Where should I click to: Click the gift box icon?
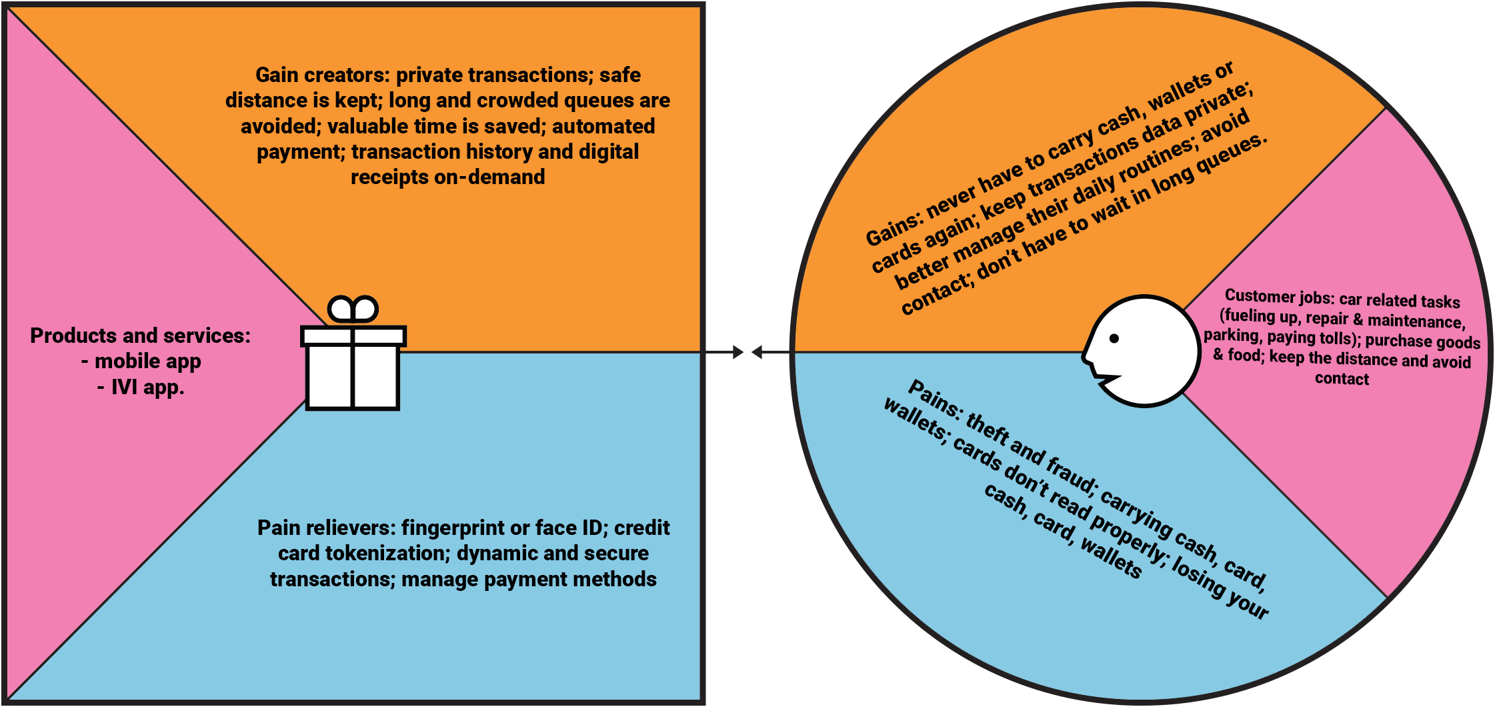(353, 366)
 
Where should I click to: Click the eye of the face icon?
(1114, 338)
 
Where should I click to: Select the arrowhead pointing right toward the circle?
(737, 352)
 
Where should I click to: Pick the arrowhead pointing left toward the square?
(758, 352)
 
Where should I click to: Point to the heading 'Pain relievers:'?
(326, 528)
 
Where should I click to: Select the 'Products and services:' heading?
(140, 335)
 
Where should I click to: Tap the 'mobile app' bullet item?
(147, 362)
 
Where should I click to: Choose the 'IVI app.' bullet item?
(147, 387)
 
